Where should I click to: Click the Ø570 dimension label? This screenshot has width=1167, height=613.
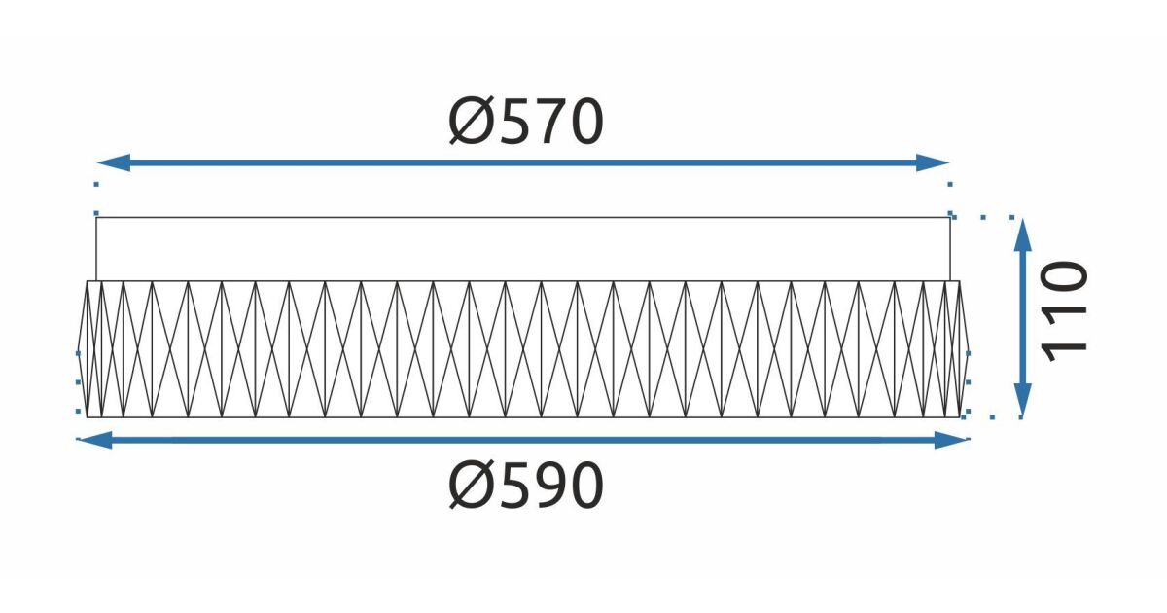526,122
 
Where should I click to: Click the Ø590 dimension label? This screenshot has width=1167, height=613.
526,486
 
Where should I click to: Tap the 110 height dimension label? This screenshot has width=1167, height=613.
1064,311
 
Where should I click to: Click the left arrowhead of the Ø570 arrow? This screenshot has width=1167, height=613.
113,162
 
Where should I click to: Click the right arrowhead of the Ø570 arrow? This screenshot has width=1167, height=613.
933,162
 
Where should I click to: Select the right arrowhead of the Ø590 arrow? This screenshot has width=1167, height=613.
952,440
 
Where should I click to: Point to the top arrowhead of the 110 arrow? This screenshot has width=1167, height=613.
1023,234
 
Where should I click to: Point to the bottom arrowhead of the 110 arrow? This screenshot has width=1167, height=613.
1023,400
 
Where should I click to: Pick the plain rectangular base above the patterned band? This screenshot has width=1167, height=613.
523,249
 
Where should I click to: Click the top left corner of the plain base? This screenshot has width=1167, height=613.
96,217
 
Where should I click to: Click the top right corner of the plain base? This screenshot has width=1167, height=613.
950,217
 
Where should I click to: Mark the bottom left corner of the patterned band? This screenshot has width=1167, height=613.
87,417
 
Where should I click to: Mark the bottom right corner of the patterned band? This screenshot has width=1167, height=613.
960,417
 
